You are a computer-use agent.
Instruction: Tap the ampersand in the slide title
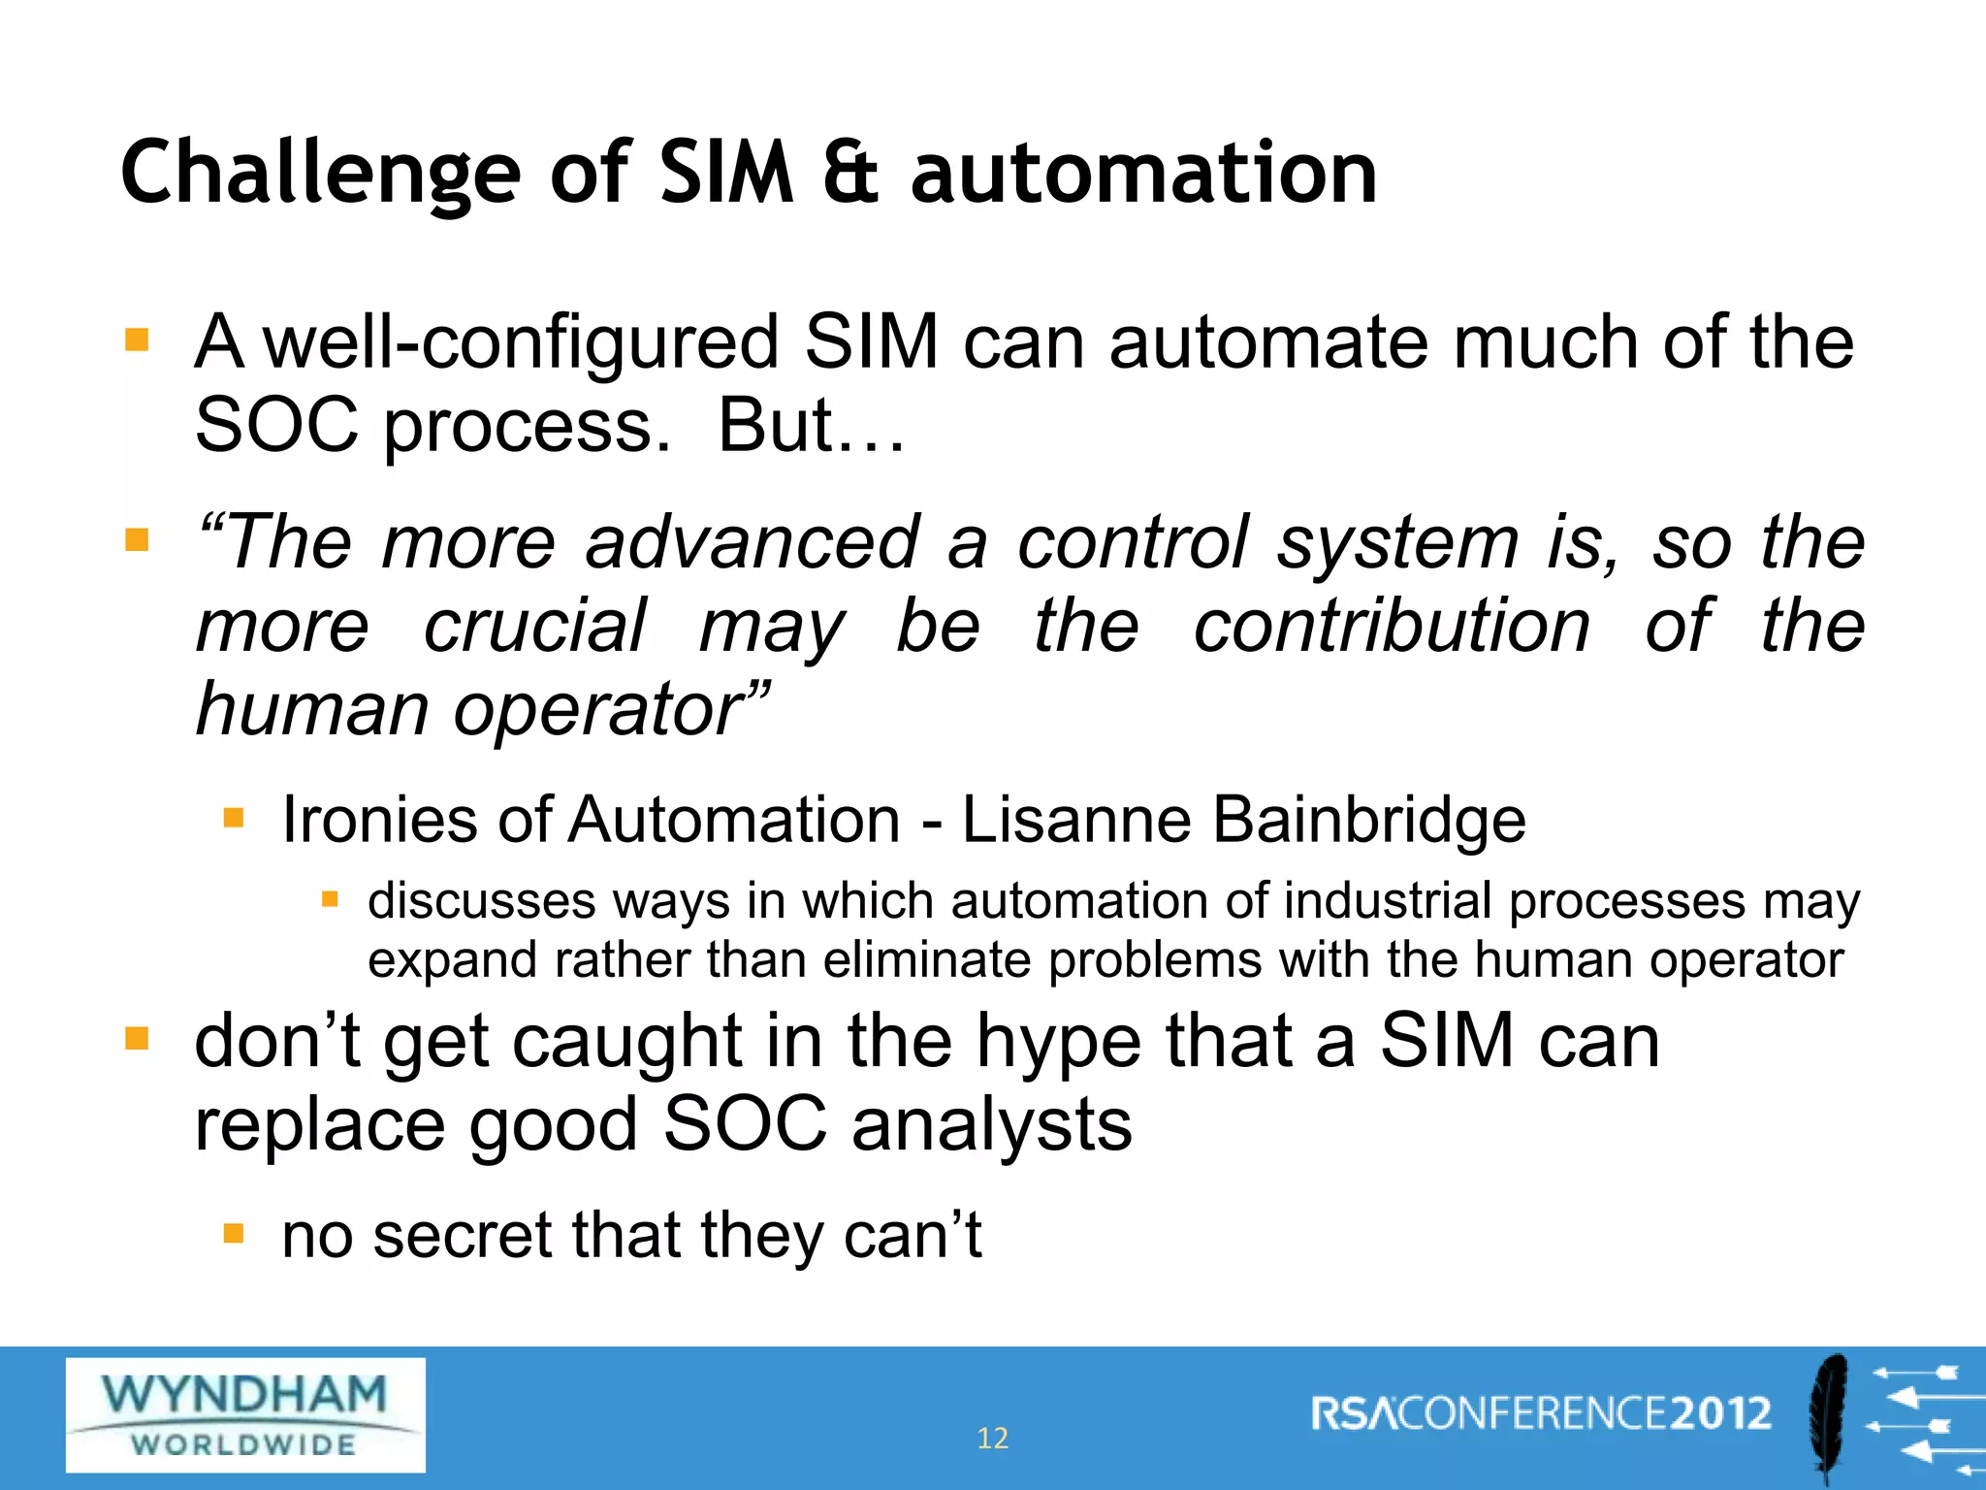tap(850, 175)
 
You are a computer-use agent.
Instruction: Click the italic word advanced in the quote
tap(752, 542)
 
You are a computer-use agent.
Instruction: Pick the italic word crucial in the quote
tap(534, 626)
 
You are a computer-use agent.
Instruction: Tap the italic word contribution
tap(1392, 626)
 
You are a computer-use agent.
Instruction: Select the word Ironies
tap(379, 820)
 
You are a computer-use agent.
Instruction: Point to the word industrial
tap(1388, 901)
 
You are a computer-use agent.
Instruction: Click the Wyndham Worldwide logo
tap(245, 1414)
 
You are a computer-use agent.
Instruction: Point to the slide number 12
tap(992, 1438)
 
